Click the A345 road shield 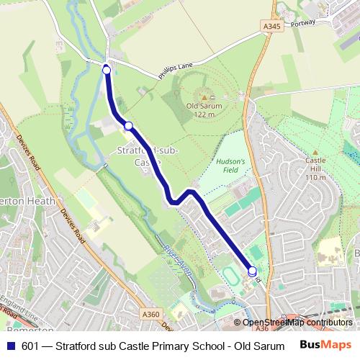(271, 27)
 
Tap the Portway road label (304, 22)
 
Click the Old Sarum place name (204, 106)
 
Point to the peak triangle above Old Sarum (204, 97)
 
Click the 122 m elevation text (204, 114)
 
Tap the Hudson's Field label (231, 166)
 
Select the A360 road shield (151, 314)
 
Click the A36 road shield (261, 328)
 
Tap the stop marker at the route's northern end (107, 70)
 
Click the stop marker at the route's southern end (252, 271)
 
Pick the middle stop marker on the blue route (128, 126)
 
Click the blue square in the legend (10, 345)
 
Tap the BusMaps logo (325, 345)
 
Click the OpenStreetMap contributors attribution (298, 323)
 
